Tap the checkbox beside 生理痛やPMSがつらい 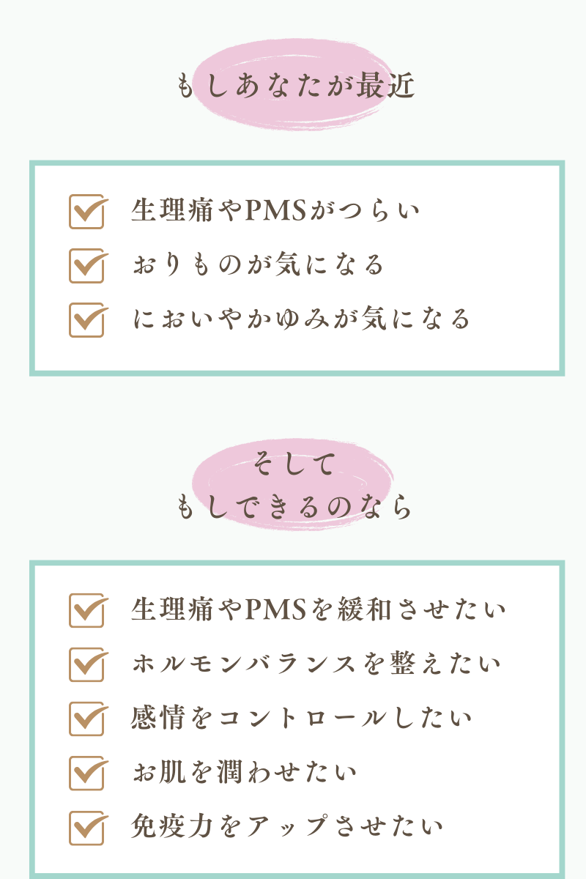tap(86, 212)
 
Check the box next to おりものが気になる tap(86, 265)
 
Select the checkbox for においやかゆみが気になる tap(86, 319)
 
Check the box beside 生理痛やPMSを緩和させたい tap(86, 610)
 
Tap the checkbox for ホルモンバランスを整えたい tap(86, 664)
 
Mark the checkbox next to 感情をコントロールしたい tap(86, 719)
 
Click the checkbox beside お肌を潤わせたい tap(86, 773)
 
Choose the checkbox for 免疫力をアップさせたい tap(86, 827)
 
